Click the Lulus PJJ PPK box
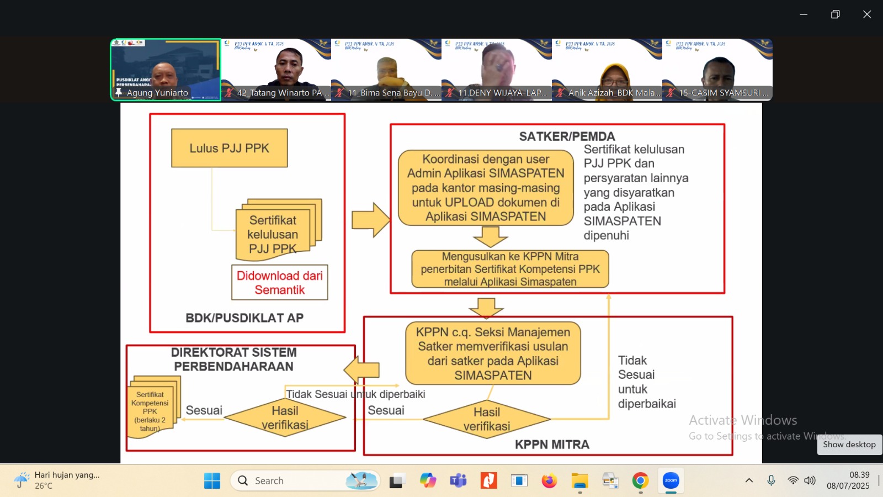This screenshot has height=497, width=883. [x=229, y=148]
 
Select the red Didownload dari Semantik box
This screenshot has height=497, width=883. [x=279, y=283]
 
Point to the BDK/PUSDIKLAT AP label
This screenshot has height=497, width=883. [x=244, y=318]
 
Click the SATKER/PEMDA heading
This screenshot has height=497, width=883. [x=567, y=136]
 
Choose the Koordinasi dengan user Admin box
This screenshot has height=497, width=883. [x=486, y=188]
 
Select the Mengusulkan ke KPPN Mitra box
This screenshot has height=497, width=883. [x=510, y=269]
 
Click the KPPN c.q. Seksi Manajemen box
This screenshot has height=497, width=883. [x=493, y=353]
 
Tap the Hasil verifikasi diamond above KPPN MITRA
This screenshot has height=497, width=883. [x=486, y=419]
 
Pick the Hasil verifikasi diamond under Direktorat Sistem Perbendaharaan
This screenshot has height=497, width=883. [x=285, y=417]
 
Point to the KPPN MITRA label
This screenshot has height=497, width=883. [x=552, y=445]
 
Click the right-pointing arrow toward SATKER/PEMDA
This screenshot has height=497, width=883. [x=370, y=220]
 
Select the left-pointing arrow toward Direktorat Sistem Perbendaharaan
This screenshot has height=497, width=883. [x=361, y=369]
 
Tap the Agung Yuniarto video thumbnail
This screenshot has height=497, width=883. [x=166, y=70]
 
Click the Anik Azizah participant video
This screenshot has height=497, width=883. [x=607, y=70]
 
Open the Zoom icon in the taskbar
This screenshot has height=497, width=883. [x=671, y=481]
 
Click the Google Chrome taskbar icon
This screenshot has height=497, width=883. [x=640, y=481]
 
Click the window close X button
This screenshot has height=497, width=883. [x=867, y=14]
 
